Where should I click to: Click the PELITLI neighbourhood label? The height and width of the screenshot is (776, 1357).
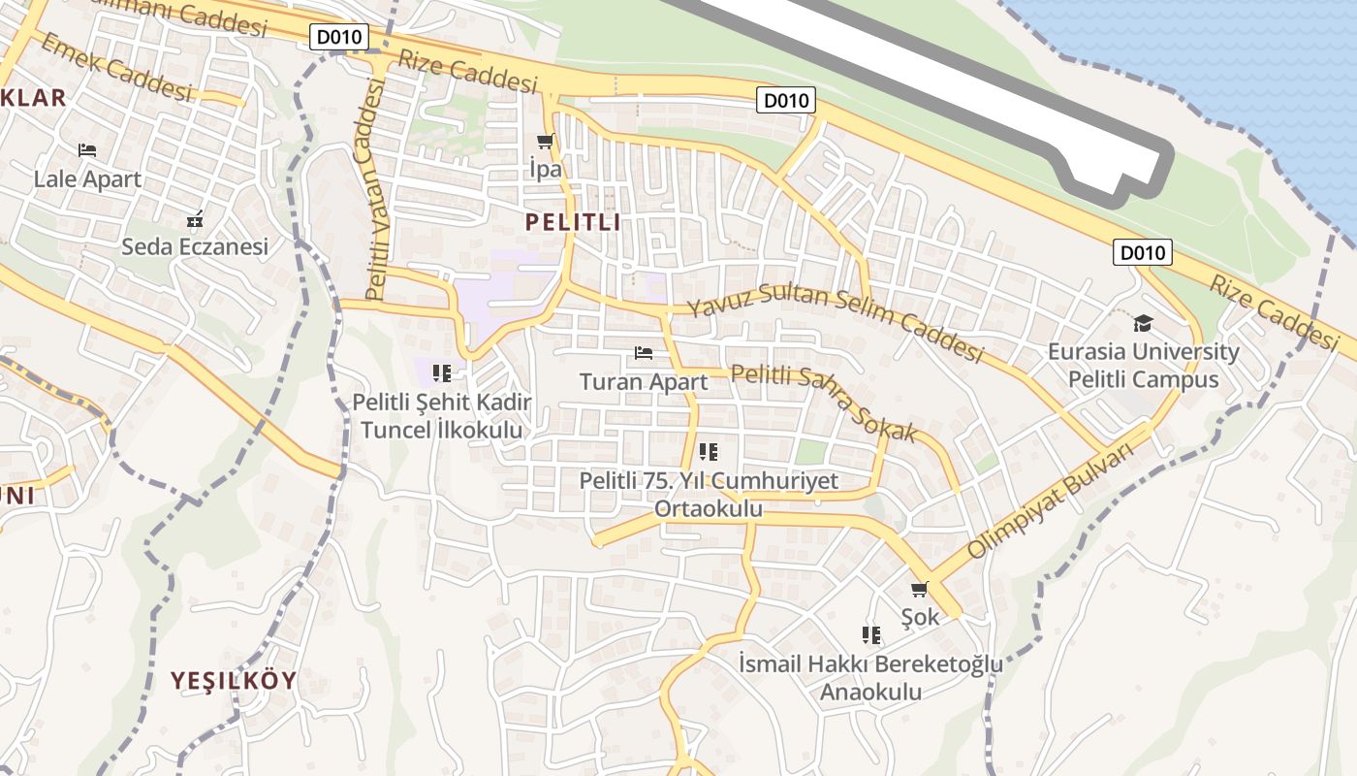(x=573, y=222)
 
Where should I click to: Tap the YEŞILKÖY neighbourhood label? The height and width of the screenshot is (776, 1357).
(x=234, y=680)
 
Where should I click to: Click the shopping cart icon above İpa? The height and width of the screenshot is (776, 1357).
(x=545, y=142)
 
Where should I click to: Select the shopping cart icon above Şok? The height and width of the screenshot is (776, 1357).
(x=920, y=589)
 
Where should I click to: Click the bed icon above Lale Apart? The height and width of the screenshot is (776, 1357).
(x=87, y=150)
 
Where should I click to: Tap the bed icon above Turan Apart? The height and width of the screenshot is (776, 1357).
(x=644, y=352)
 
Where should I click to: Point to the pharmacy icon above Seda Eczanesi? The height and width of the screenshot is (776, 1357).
(x=195, y=218)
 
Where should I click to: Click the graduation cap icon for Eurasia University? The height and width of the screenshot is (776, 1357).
(x=1144, y=323)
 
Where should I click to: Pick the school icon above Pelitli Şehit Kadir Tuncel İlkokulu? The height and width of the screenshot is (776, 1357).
(x=442, y=372)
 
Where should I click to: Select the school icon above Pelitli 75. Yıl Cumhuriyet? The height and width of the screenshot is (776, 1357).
(x=709, y=451)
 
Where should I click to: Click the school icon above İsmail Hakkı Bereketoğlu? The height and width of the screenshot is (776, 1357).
(x=871, y=635)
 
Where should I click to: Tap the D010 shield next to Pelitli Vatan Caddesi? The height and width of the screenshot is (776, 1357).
(x=339, y=38)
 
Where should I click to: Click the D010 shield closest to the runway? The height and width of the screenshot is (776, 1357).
(x=786, y=100)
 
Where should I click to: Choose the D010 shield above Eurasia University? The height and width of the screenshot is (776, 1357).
(x=1142, y=253)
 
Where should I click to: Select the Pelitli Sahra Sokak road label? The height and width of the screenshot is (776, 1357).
(x=823, y=402)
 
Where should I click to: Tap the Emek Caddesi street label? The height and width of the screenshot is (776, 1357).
(x=116, y=67)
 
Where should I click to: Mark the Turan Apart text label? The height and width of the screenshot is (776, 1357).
(x=644, y=382)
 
